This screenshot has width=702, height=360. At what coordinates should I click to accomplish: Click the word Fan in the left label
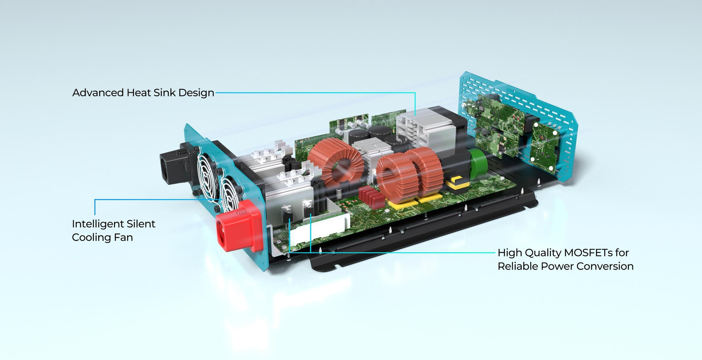point(123,237)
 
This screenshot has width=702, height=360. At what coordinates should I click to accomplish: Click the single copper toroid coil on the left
point(335,161)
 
